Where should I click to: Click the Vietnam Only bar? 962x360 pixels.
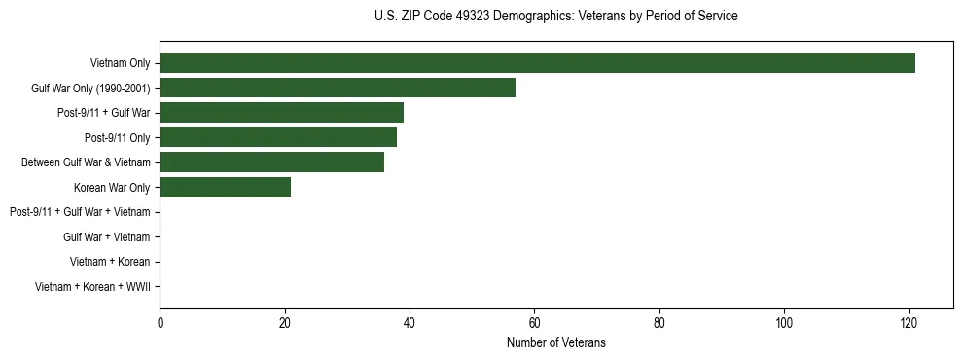coord(537,63)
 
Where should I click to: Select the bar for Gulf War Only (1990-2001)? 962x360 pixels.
coord(338,88)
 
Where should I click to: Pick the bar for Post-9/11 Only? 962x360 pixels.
coord(278,137)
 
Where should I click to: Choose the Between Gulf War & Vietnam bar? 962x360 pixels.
coord(271,162)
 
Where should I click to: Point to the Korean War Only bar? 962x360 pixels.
coord(225,187)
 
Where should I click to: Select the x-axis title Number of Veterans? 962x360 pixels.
coord(555,342)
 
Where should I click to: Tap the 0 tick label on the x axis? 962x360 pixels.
coord(160,323)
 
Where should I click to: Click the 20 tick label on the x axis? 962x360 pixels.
coord(284,323)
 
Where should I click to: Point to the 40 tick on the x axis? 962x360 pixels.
coord(410,323)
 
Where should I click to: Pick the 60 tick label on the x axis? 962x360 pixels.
coord(534,323)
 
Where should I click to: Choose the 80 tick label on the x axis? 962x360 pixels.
coord(659,323)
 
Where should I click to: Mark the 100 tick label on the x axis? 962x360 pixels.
coord(784,323)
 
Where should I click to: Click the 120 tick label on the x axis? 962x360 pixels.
coord(909,323)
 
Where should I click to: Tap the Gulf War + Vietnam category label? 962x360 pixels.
coord(106,236)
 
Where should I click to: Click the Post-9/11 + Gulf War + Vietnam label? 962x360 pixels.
coord(80,212)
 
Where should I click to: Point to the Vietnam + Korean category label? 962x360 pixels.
coord(110,262)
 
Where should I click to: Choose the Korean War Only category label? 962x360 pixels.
coord(112,187)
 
